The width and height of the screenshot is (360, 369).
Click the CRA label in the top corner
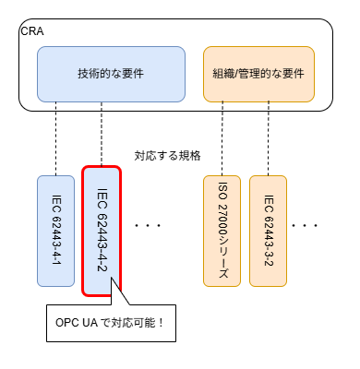[31, 31]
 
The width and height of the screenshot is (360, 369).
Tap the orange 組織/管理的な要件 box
[258, 73]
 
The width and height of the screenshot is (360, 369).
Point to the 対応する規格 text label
[167, 154]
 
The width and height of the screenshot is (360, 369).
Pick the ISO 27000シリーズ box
[222, 230]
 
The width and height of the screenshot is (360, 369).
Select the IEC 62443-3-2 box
[269, 230]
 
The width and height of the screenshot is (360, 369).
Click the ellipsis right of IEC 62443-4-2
[148, 224]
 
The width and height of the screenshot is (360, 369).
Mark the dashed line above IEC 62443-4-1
[56, 138]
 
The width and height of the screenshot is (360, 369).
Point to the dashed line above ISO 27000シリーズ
[222, 138]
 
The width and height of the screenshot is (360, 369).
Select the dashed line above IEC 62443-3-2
[269, 138]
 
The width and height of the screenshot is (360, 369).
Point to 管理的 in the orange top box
[264, 73]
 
